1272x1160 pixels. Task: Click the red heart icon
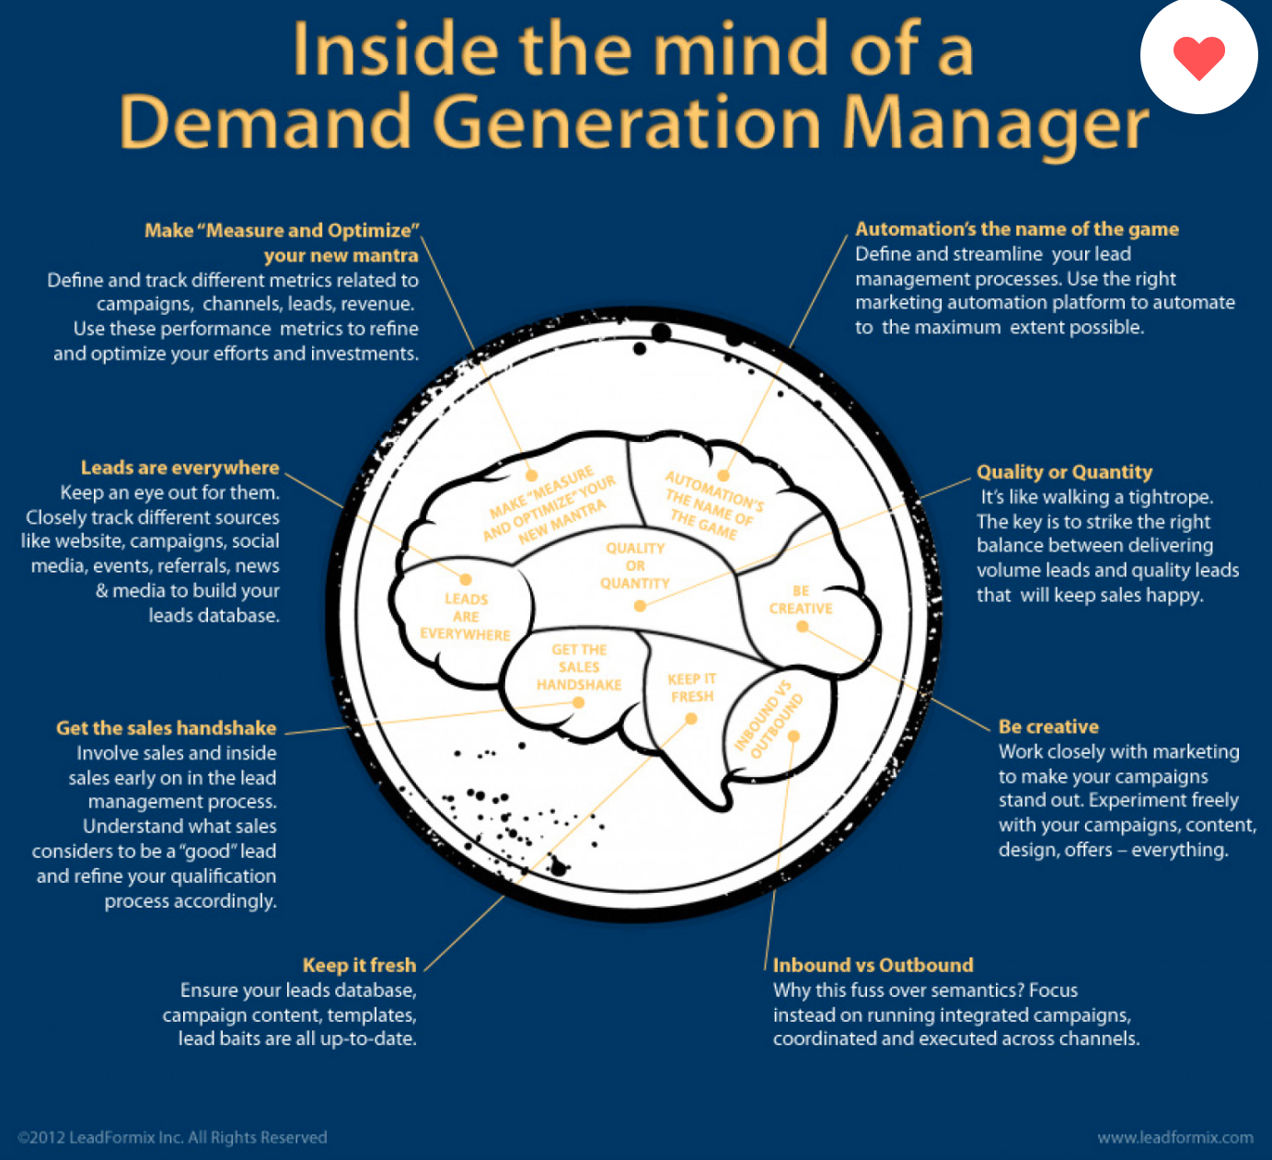coord(1198,57)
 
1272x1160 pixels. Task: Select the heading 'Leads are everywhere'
coord(179,468)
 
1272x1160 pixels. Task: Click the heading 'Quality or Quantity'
coord(1064,472)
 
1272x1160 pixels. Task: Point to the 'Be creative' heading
coord(1048,726)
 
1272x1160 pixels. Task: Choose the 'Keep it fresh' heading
coord(359,965)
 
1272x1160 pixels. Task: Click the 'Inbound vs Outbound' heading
coord(873,965)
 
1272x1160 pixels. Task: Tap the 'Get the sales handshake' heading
coord(166,728)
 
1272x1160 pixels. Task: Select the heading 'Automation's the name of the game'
coord(1017,229)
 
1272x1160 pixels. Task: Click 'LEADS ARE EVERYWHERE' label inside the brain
coord(466,616)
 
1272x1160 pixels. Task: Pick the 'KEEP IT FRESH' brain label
coord(692,688)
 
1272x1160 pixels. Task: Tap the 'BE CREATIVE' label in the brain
coord(801,599)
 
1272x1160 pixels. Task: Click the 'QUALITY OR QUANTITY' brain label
coord(635,565)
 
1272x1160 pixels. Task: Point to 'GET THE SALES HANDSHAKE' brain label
coord(579,667)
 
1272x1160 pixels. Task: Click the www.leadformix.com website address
coord(1175,1137)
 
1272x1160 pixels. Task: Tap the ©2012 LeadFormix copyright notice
coord(172,1137)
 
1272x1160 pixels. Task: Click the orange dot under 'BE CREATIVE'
coord(803,627)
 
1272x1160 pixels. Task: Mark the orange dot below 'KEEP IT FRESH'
coord(691,718)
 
